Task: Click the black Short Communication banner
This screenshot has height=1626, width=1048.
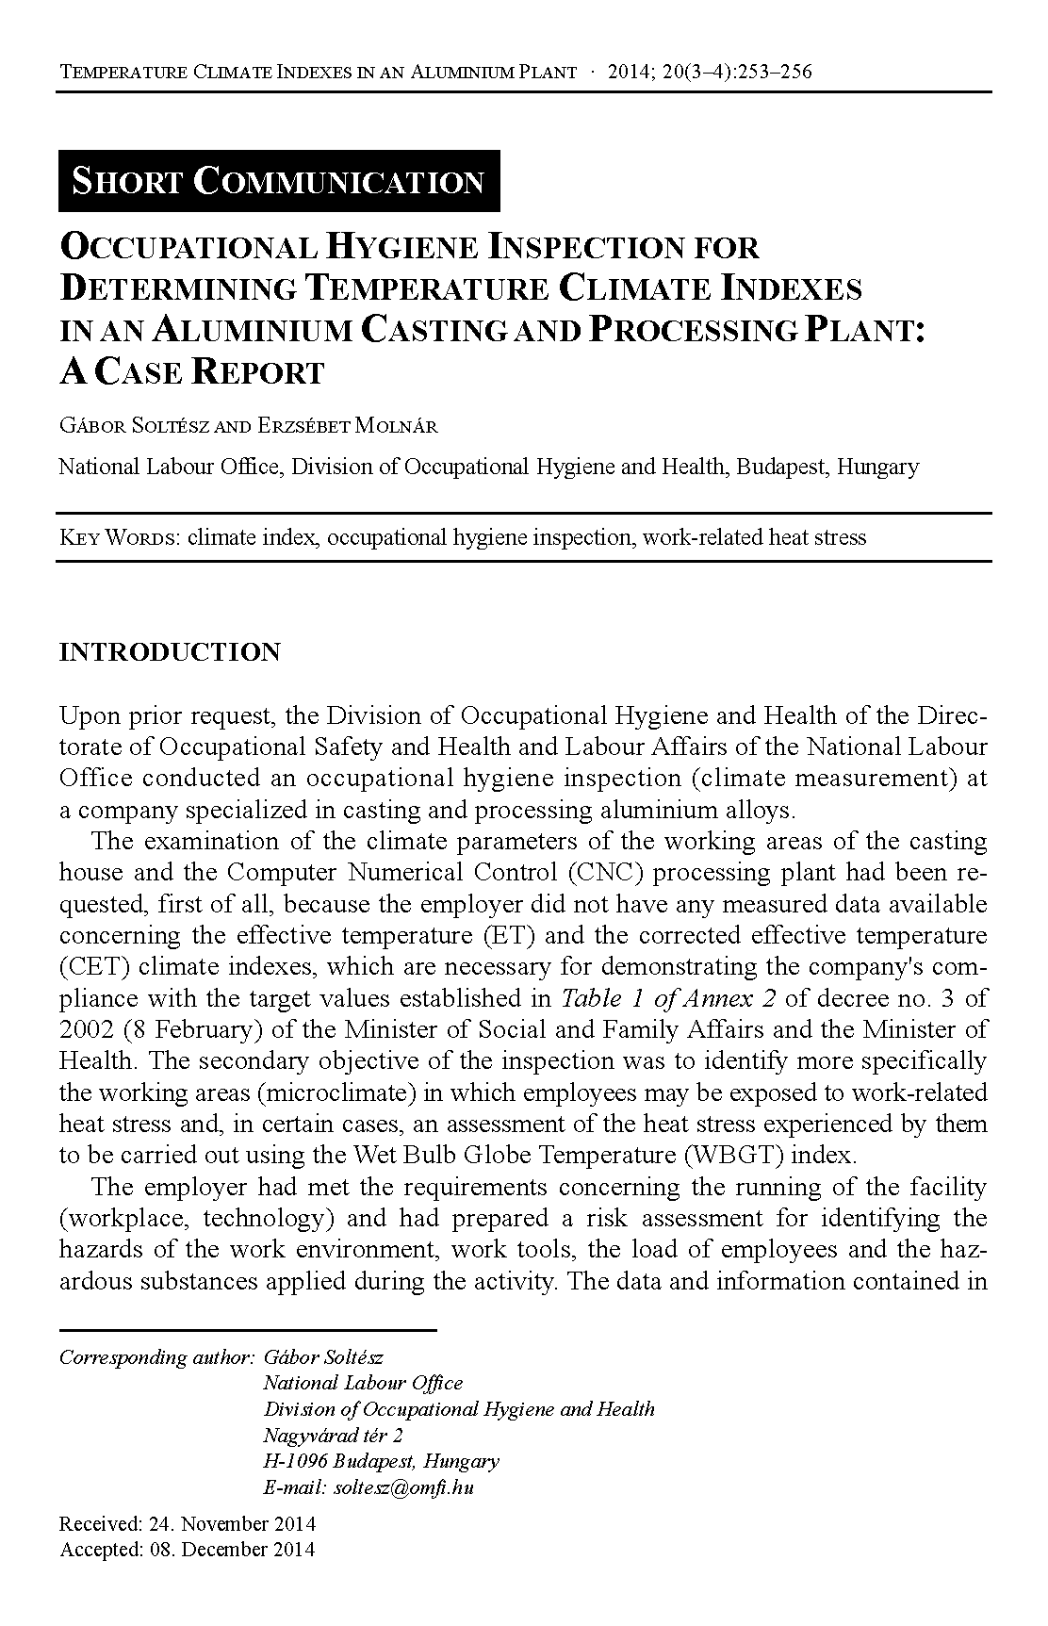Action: point(279,181)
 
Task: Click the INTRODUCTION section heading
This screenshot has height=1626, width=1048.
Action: point(170,652)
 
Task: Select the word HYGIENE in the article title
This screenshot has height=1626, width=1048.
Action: point(402,247)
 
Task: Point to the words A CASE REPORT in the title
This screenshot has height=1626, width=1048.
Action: point(191,372)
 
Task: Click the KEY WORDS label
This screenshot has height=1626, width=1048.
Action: point(120,538)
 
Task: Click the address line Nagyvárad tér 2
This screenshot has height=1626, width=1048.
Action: point(334,1435)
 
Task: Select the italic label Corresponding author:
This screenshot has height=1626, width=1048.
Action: point(156,1357)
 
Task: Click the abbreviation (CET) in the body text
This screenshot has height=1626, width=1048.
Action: point(88,967)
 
